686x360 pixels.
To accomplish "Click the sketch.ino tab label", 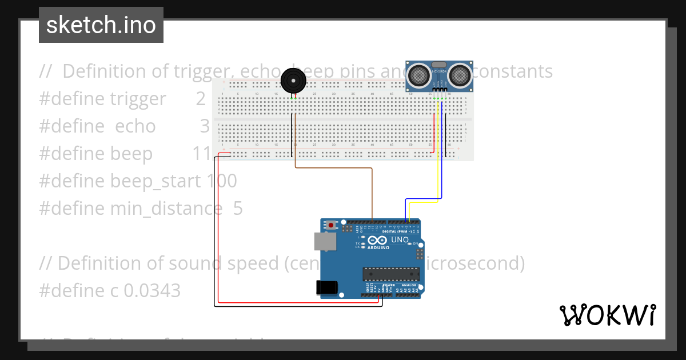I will (101, 25).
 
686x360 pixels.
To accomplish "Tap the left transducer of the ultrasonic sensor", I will (420, 74).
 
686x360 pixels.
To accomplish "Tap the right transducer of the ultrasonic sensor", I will (460, 74).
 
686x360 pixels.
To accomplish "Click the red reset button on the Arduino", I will (332, 225).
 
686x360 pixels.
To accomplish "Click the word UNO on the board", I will (400, 240).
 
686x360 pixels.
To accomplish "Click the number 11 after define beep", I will (202, 154).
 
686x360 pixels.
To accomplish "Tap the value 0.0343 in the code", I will (152, 291).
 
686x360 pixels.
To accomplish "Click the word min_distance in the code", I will (166, 209).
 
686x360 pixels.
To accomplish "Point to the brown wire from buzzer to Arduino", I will (334, 168).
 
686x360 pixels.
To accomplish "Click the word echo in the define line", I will (135, 126).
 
